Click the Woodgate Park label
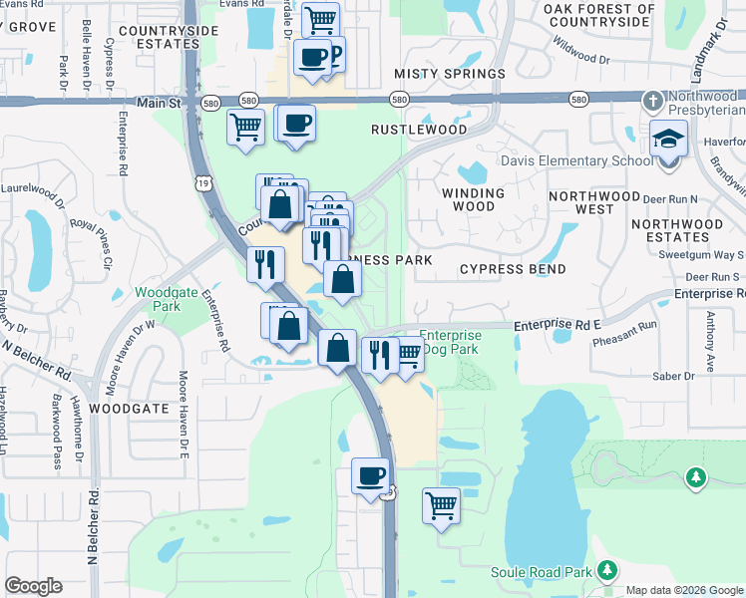click(158, 300)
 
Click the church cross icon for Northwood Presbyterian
click(652, 100)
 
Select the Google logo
click(33, 586)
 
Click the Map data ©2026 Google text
click(683, 590)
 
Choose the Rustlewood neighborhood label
click(419, 130)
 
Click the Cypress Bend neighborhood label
click(513, 269)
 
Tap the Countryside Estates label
click(168, 37)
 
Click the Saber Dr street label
click(674, 376)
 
